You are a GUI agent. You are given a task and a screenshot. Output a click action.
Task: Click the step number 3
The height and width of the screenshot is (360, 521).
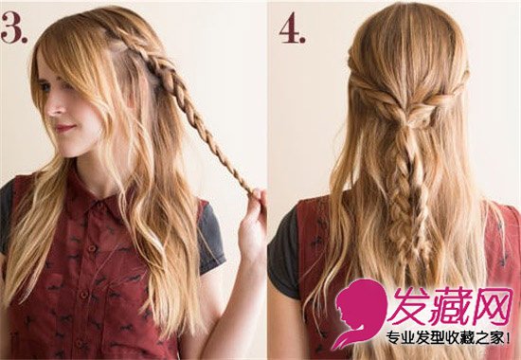pos(14,27)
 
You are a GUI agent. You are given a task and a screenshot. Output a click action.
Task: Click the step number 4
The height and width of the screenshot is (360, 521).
pos(292,27)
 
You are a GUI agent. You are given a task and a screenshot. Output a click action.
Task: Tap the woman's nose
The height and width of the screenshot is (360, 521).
pos(50,107)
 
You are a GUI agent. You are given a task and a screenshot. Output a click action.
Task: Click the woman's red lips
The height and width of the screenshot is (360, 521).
pos(63,128)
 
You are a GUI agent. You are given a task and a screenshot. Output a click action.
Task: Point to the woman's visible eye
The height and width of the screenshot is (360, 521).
pos(45,87)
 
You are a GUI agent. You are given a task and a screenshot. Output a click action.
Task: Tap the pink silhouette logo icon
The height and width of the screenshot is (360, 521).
pos(360,314)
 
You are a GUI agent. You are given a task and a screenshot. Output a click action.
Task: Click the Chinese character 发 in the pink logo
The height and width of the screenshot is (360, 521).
pos(410,305)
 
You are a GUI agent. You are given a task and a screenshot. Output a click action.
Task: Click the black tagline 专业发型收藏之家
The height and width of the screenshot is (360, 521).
pos(444,338)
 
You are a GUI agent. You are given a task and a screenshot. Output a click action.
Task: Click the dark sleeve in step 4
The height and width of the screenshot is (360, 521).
pos(281,253)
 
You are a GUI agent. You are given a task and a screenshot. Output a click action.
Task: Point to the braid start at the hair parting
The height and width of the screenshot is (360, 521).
pos(115,36)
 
